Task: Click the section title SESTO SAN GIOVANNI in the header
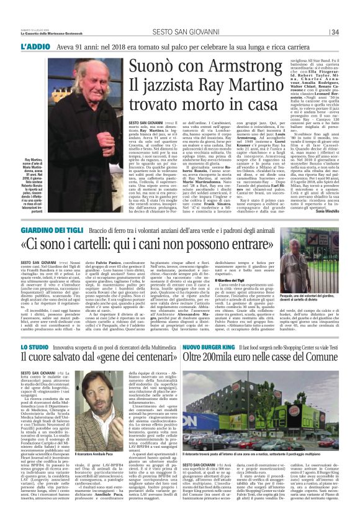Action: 180,32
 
